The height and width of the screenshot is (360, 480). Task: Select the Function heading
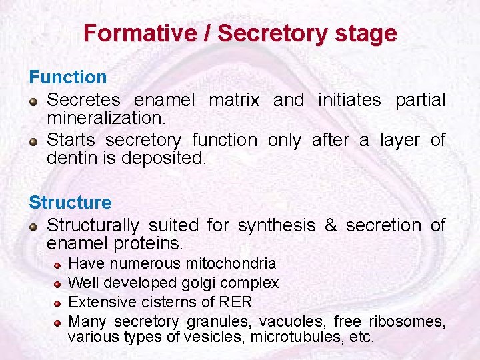tap(67, 77)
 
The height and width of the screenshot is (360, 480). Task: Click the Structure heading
tap(70, 202)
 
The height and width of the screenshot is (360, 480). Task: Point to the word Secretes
tap(83, 101)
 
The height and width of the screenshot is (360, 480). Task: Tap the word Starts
tap(71, 140)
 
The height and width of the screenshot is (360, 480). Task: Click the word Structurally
tap(93, 226)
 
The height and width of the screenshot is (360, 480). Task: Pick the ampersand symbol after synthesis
tap(331, 226)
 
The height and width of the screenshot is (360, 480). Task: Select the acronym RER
tap(237, 302)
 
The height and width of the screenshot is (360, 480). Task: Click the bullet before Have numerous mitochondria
tap(58, 265)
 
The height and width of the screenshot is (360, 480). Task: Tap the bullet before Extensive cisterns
tap(58, 303)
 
